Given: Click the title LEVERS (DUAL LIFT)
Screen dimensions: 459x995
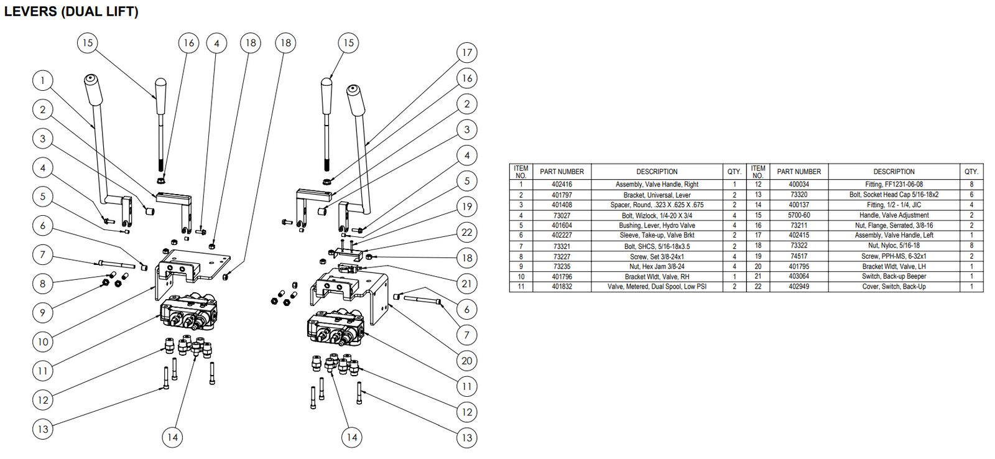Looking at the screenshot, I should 71,11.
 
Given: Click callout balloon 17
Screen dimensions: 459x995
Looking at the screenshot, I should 466,53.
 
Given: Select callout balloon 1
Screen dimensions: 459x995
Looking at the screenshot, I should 42,80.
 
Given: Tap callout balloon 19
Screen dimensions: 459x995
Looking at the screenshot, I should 466,206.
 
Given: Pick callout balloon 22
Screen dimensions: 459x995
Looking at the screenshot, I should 466,233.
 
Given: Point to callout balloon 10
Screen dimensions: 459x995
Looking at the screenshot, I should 42,341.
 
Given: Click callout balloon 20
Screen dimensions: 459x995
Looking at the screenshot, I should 466,361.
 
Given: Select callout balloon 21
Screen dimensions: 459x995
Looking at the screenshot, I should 466,284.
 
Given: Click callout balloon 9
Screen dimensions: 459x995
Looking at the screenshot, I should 42,312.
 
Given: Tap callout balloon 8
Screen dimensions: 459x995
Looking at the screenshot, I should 42,284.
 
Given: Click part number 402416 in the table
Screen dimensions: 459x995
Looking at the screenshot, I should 562,185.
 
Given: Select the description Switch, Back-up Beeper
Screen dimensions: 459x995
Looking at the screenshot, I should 894,276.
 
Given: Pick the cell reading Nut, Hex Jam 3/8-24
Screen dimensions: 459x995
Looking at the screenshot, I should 657,266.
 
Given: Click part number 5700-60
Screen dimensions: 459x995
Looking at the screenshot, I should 798,215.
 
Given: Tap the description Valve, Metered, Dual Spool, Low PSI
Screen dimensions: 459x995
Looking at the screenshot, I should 657,287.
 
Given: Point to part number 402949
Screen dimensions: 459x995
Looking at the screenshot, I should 798,287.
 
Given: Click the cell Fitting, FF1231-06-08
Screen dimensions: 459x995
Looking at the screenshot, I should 894,185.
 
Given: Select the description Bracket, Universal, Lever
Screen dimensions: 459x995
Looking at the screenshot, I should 657,195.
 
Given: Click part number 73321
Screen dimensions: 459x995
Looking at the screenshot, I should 562,246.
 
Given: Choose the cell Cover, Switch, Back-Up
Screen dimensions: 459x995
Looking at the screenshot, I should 894,287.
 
